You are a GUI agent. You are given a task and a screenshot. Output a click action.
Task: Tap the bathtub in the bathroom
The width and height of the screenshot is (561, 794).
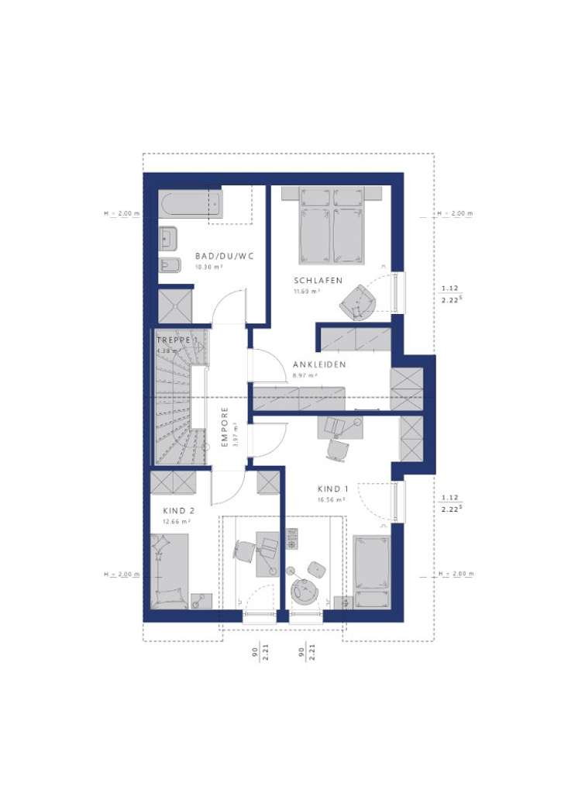(191, 205)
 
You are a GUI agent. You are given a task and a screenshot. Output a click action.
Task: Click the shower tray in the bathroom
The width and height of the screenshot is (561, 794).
(174, 306)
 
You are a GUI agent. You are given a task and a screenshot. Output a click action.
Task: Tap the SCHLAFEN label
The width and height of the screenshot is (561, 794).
(318, 281)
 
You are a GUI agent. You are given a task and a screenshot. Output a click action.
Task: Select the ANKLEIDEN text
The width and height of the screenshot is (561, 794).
(318, 364)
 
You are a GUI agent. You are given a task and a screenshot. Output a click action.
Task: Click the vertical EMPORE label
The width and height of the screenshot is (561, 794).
(225, 427)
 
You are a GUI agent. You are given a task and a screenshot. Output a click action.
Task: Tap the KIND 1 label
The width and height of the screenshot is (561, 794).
(332, 489)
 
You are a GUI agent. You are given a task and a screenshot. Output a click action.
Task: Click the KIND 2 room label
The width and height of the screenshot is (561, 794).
(177, 511)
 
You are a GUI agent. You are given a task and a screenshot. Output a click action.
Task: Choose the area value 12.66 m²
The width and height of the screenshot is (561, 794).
(175, 522)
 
